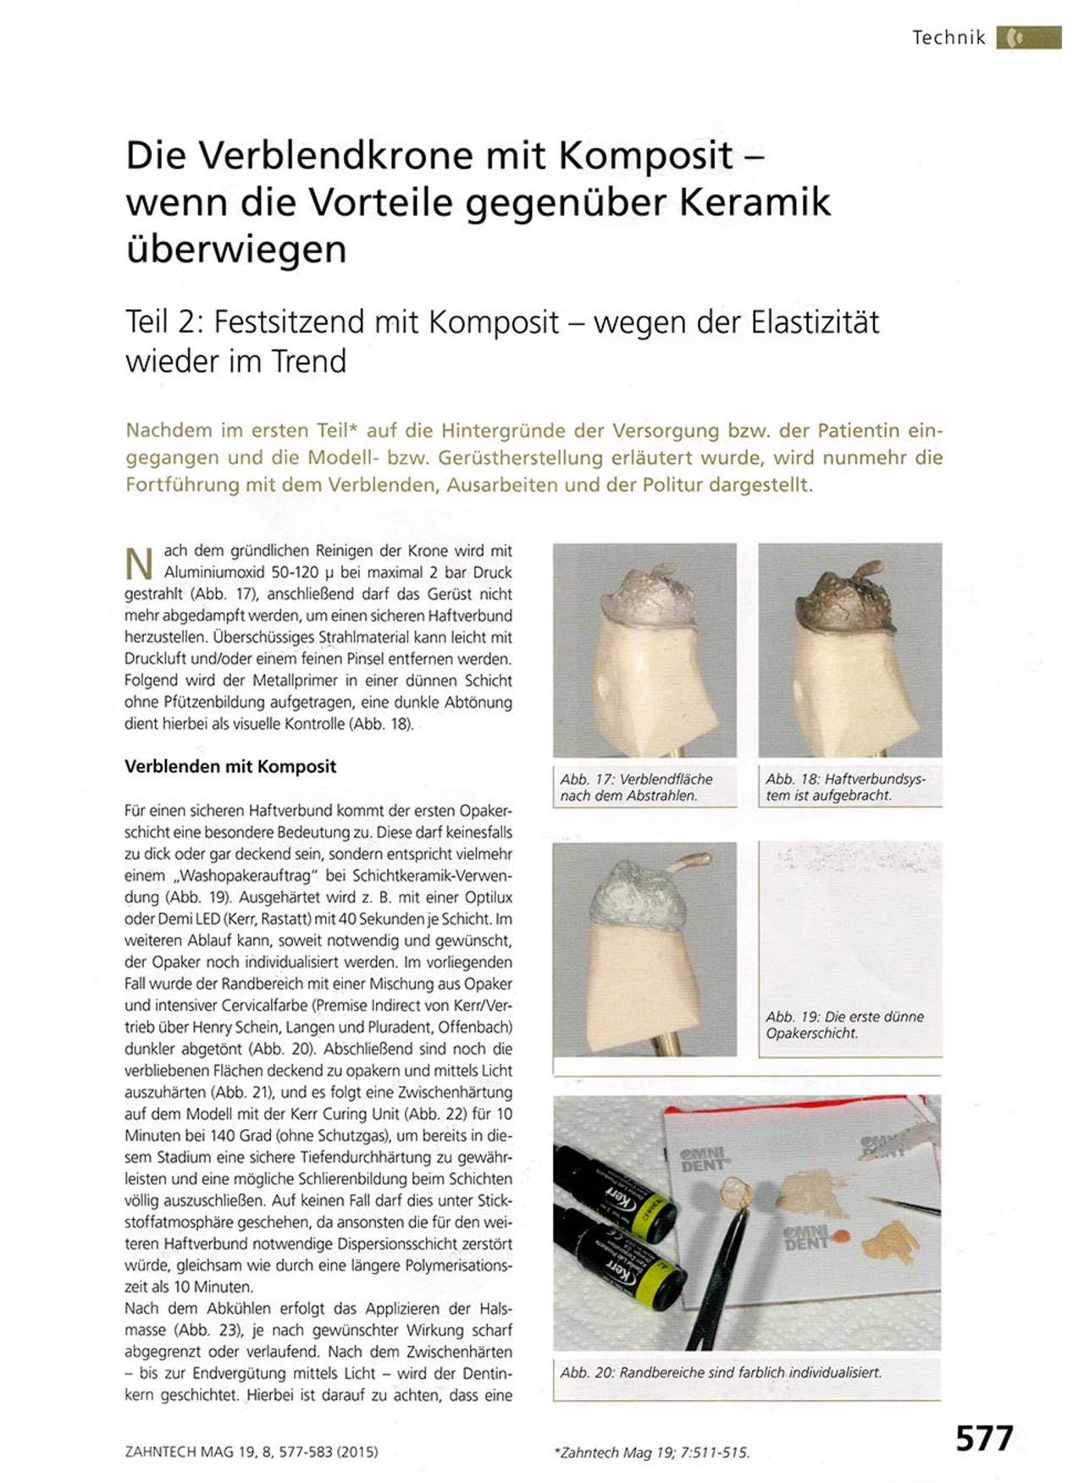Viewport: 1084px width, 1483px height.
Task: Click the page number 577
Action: pos(984,1438)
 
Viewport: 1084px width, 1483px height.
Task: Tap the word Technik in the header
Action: pos(948,37)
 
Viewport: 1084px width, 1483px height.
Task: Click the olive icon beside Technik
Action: pos(1028,37)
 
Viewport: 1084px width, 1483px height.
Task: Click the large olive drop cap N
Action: pos(139,564)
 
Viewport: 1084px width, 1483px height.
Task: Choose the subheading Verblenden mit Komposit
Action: pos(230,767)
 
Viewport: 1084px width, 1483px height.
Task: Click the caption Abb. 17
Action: pos(636,787)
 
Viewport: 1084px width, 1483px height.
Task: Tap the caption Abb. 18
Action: pos(845,787)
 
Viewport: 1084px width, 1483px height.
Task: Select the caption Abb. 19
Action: pos(844,1025)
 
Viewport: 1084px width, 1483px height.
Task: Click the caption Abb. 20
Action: pos(721,1372)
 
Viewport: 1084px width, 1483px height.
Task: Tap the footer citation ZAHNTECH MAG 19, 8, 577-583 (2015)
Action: pos(252,1452)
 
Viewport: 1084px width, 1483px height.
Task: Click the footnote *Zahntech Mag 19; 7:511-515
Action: pos(651,1453)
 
